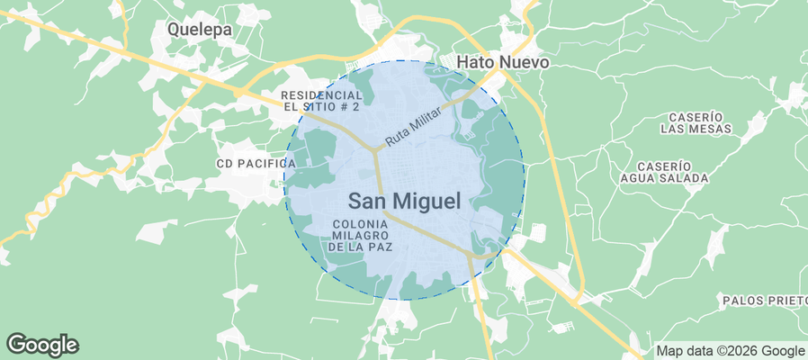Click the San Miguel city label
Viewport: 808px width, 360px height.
coord(404,201)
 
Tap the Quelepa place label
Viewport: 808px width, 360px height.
coord(200,29)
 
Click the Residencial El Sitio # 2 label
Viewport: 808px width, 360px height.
coord(320,100)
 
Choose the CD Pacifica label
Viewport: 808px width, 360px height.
coord(256,163)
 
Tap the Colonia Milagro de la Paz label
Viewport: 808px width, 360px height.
coord(360,234)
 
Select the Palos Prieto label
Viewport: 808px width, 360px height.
coord(763,299)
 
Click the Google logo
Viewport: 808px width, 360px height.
coord(42,344)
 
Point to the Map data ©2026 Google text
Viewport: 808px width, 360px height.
coord(730,351)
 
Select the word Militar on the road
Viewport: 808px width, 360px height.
coord(425,121)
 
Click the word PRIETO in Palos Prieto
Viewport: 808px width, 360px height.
coord(782,299)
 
